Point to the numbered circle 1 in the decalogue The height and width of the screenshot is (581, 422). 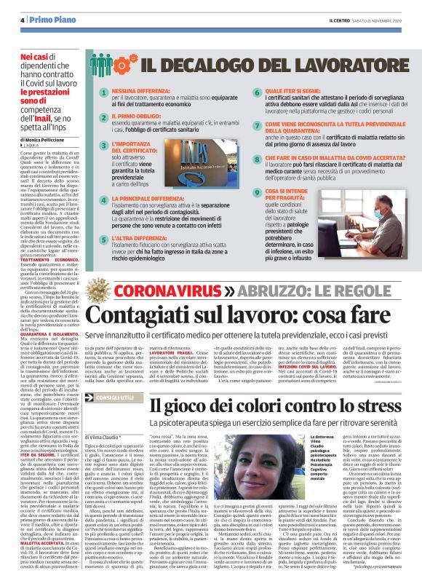[x=103, y=92]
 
